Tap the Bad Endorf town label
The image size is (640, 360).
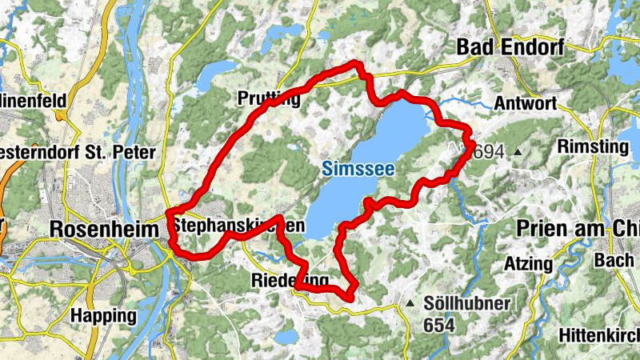(510, 47)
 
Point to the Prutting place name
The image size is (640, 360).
(269, 99)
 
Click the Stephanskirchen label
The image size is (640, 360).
(238, 226)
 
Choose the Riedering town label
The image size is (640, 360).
(290, 281)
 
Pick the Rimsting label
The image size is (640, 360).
(593, 146)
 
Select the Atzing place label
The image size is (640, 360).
(529, 263)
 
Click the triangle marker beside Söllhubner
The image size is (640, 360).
(410, 303)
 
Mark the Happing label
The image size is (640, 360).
(102, 315)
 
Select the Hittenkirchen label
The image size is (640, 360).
(600, 334)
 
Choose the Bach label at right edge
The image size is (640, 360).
(617, 261)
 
